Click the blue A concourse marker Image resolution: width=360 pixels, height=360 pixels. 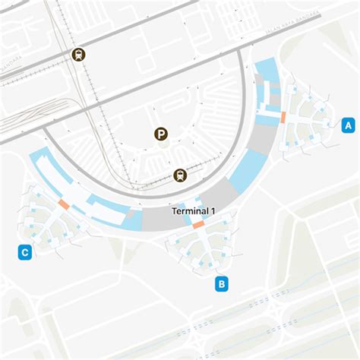click(x=349, y=125)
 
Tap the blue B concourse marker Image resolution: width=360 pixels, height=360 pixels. click(x=221, y=284)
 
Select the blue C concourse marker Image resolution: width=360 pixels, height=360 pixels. click(x=25, y=252)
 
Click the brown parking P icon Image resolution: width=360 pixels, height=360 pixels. click(x=160, y=134)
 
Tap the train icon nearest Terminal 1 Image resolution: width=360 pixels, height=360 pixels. click(x=179, y=175)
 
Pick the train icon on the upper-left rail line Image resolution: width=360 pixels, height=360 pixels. click(x=77, y=54)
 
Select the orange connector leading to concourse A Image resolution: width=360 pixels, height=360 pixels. click(x=283, y=118)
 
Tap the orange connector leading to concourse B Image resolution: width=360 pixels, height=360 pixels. click(x=198, y=225)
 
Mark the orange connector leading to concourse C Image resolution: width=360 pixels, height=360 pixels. click(x=64, y=204)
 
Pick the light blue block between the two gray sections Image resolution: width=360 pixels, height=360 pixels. click(x=246, y=171)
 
